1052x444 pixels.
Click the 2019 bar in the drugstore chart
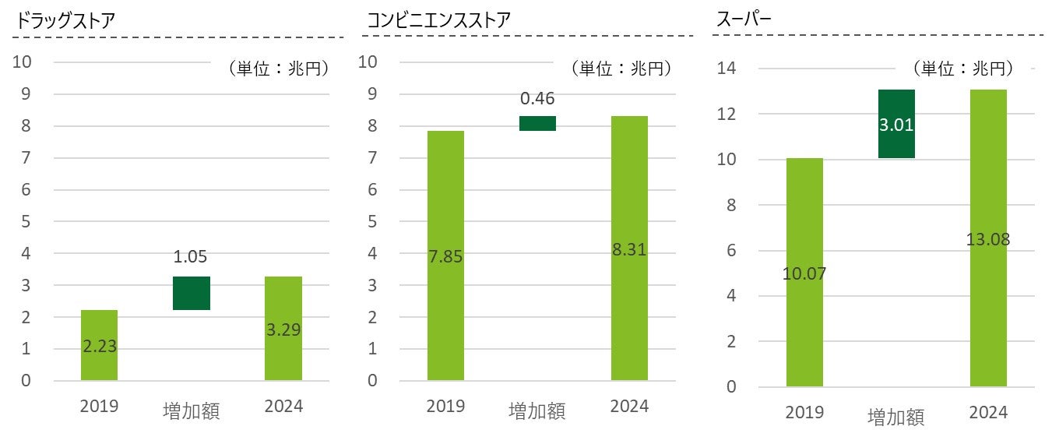(x=99, y=345)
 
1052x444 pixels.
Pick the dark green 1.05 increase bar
(x=191, y=293)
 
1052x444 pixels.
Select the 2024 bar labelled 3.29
(x=283, y=328)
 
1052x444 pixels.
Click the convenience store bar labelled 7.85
(x=445, y=255)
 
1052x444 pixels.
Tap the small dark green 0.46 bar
(x=537, y=123)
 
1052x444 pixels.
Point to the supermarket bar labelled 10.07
(x=804, y=272)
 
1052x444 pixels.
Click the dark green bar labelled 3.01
(x=896, y=124)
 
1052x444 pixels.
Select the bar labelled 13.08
(x=988, y=238)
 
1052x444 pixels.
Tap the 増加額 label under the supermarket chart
(x=896, y=418)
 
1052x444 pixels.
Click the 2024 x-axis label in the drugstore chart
(x=283, y=407)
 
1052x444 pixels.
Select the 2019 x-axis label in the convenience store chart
(x=445, y=407)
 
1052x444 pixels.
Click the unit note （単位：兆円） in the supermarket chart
(x=967, y=69)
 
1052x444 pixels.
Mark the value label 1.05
(x=191, y=258)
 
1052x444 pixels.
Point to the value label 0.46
(x=537, y=99)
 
